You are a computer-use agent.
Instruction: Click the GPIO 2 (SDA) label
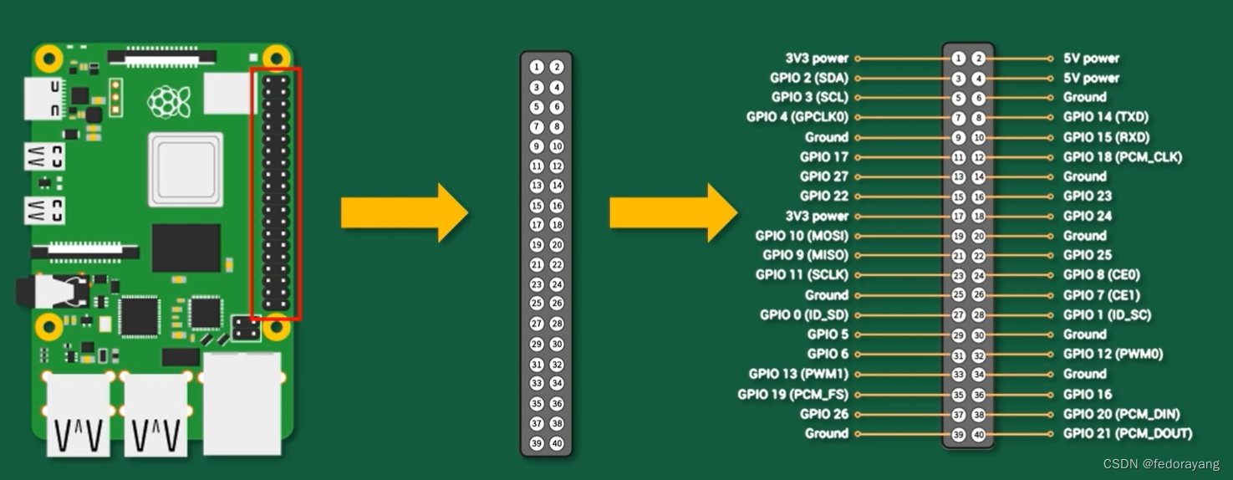[x=809, y=78]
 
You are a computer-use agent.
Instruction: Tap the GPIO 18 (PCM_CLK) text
[x=1122, y=157]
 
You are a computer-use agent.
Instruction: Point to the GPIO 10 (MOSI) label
[x=801, y=236]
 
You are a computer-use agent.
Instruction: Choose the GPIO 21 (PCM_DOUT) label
[x=1127, y=433]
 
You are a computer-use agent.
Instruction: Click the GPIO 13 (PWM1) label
[x=798, y=374]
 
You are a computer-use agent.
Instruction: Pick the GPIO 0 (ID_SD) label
[x=803, y=314]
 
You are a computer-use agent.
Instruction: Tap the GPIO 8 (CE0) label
[x=1101, y=275]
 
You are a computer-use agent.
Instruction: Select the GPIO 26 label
[x=823, y=413]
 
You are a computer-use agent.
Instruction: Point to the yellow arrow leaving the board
[x=403, y=212]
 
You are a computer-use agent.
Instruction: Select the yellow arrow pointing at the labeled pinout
[x=672, y=212]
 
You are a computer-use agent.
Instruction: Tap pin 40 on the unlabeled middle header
[x=557, y=444]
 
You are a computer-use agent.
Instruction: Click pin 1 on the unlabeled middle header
[x=537, y=67]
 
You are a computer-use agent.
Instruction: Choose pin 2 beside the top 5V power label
[x=978, y=59]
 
